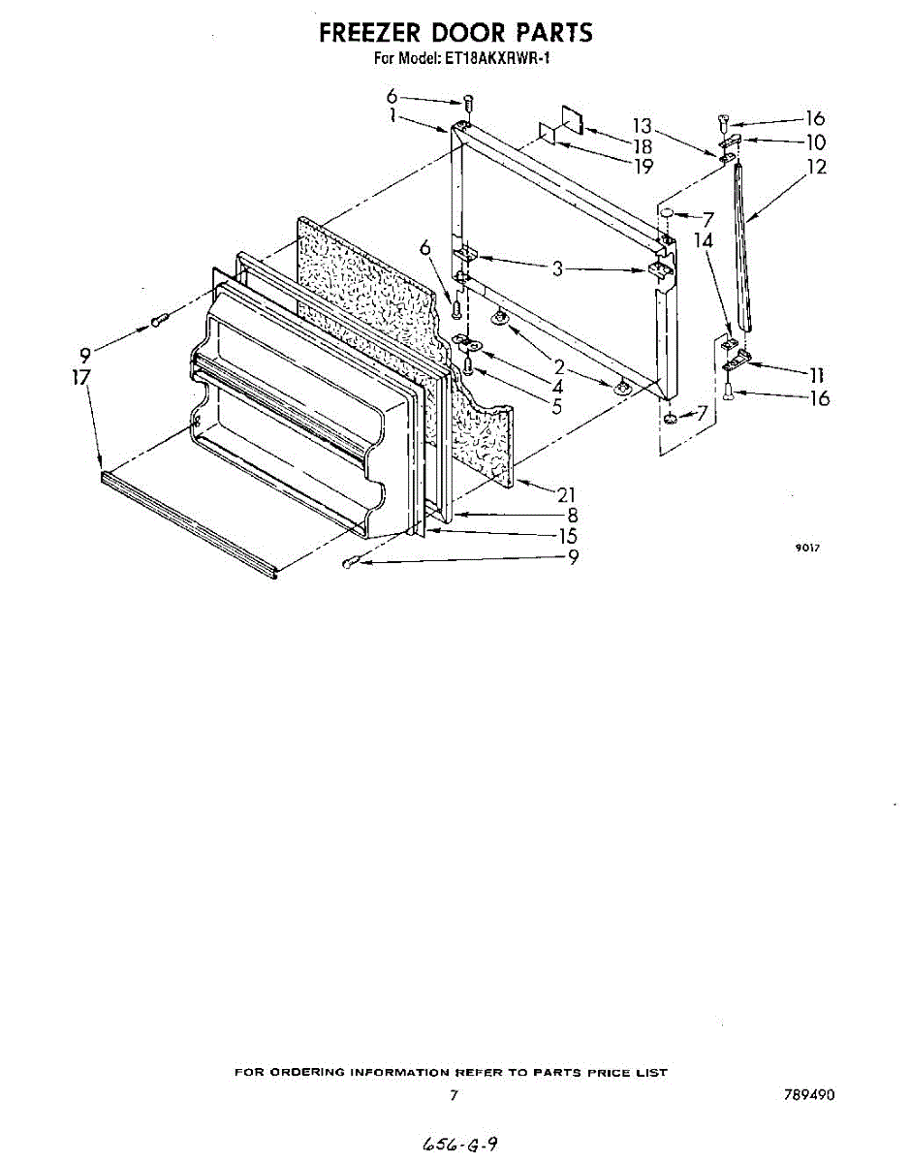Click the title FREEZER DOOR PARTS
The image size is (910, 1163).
(x=455, y=32)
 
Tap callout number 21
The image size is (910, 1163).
(x=566, y=494)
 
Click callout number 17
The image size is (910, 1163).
(x=80, y=377)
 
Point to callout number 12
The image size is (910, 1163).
(x=816, y=167)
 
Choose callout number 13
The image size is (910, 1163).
(x=642, y=126)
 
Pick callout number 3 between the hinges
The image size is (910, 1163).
(x=557, y=268)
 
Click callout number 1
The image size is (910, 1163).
(x=392, y=115)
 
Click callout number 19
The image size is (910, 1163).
(x=643, y=166)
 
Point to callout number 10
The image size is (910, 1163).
(x=815, y=142)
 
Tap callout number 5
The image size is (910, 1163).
(x=557, y=406)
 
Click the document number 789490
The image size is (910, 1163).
(x=809, y=1095)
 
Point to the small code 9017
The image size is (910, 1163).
(x=808, y=548)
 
